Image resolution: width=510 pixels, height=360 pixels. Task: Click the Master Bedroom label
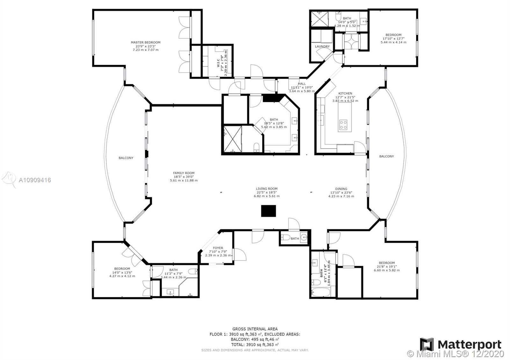pos(145,42)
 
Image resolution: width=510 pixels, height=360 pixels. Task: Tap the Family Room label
pos(184,173)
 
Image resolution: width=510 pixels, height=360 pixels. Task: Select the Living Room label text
pos(266,189)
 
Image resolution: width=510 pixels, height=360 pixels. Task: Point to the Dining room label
pos(341,189)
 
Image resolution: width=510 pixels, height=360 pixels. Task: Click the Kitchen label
pos(345,93)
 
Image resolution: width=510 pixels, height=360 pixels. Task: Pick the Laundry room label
pos(322,47)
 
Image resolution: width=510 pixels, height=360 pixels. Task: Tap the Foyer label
pos(218,248)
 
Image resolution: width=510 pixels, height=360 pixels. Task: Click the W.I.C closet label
pos(218,63)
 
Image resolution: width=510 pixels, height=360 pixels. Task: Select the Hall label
pos(302,84)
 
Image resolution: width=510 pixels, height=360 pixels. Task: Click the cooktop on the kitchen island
pos(343,125)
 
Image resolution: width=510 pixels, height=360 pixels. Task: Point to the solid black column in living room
pos(268,211)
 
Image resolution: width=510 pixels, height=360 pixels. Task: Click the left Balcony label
pos(126,158)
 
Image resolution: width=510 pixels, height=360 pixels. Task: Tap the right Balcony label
pos(386,156)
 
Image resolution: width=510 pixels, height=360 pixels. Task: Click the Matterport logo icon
pos(427,344)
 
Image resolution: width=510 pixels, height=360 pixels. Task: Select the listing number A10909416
pos(35,180)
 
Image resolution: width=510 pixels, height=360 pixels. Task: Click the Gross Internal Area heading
pos(255,329)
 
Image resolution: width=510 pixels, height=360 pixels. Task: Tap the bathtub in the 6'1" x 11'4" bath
pos(321,292)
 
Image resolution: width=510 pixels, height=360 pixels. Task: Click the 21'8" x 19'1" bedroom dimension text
pos(387,266)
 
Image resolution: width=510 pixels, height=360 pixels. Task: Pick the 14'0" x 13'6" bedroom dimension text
pos(122,272)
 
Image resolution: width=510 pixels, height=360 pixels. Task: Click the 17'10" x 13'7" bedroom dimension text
pos(393,39)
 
